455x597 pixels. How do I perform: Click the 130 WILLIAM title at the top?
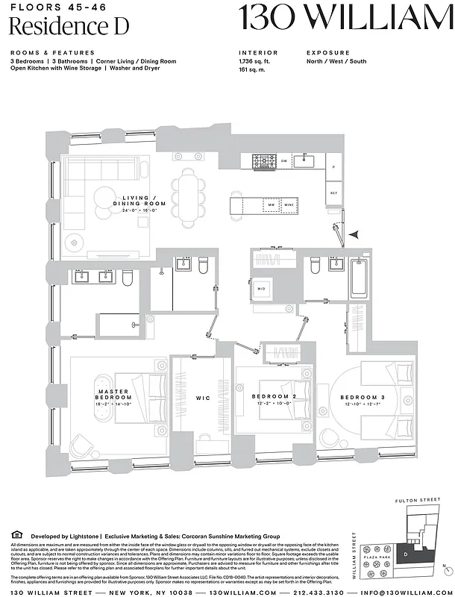(x=345, y=19)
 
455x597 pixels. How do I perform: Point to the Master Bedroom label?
(x=113, y=396)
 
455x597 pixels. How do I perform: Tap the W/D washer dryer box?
(x=263, y=288)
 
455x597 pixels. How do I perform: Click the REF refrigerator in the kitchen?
(x=334, y=193)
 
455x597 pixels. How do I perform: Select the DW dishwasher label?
(x=284, y=161)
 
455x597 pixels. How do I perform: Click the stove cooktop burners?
(x=263, y=161)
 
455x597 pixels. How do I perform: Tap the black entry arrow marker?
(x=358, y=234)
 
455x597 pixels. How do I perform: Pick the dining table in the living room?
(x=188, y=192)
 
